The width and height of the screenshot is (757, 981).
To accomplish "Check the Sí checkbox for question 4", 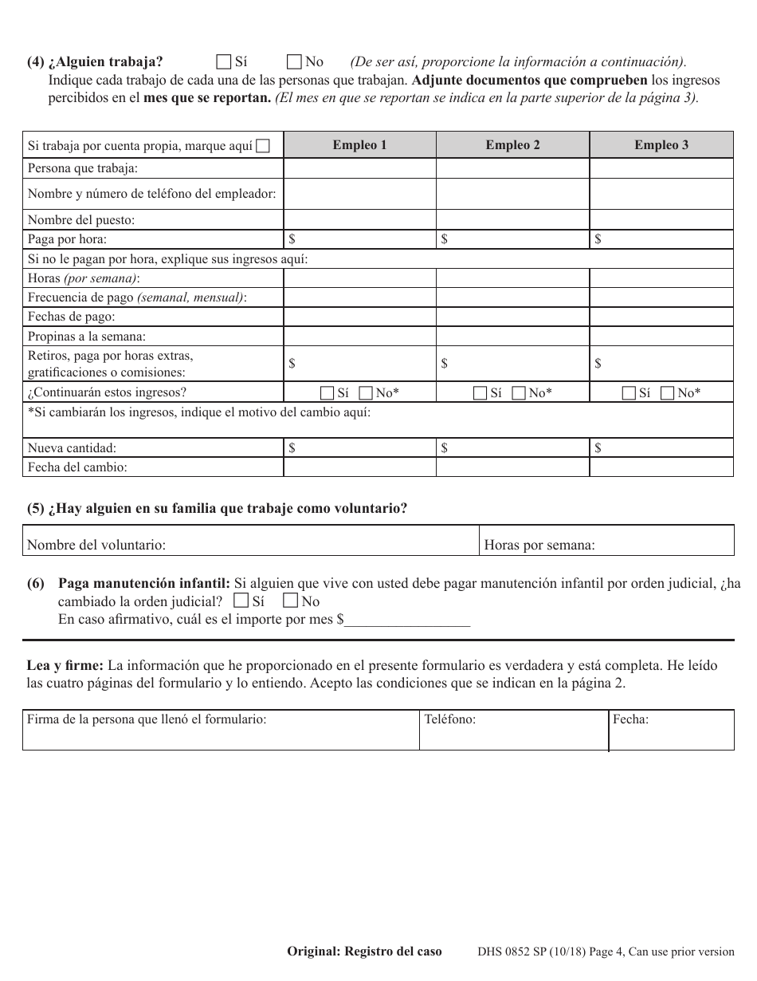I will (224, 61).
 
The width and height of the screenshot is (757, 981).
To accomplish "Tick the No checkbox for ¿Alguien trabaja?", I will (294, 61).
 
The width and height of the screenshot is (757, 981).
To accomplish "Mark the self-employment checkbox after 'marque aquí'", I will (263, 146).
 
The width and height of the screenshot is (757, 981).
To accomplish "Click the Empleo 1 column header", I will (359, 145).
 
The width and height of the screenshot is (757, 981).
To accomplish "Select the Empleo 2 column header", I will (512, 145).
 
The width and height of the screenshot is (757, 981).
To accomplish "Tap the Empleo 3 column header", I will (661, 145).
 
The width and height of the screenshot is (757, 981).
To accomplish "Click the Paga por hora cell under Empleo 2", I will (512, 239).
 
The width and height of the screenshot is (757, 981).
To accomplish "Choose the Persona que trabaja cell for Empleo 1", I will (359, 168).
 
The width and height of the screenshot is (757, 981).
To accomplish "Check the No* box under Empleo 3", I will (667, 392).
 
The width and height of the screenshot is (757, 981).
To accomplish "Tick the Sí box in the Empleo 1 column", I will (327, 392).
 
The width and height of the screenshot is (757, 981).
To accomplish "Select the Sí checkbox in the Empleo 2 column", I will (480, 392).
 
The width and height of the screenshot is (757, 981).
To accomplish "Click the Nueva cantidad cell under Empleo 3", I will (661, 448).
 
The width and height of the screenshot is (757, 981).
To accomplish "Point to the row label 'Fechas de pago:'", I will (72, 317).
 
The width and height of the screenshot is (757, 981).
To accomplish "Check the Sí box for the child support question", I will (241, 601).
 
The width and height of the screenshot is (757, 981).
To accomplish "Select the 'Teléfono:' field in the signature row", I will (514, 730).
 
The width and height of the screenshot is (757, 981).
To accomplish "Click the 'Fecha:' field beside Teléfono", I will (671, 730).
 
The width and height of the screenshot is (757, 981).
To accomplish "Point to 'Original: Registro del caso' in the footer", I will (364, 951).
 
